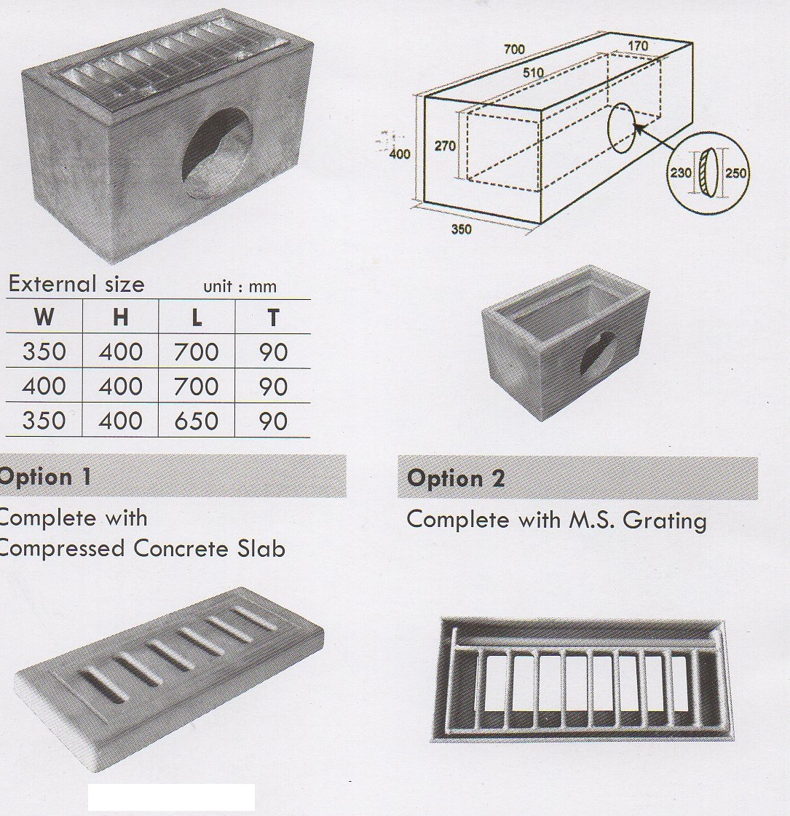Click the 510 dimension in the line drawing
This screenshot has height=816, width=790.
pyautogui.click(x=533, y=73)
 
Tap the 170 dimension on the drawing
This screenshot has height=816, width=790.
pyautogui.click(x=637, y=46)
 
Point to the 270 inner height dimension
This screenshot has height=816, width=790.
pyautogui.click(x=445, y=146)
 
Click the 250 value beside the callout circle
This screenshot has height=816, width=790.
pyautogui.click(x=736, y=174)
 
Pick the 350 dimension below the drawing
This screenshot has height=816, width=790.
pyautogui.click(x=461, y=229)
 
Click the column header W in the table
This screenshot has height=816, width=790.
pyautogui.click(x=44, y=317)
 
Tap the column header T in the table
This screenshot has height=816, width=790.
pyautogui.click(x=272, y=317)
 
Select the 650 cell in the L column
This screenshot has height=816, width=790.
pyautogui.click(x=196, y=421)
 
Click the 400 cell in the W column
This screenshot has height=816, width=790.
pyautogui.click(x=44, y=386)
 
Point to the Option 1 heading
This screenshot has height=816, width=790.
pyautogui.click(x=45, y=477)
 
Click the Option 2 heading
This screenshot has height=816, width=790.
pyautogui.click(x=456, y=478)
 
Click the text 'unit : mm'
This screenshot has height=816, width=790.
pyautogui.click(x=240, y=286)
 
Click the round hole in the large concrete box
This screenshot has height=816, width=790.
pyautogui.click(x=218, y=153)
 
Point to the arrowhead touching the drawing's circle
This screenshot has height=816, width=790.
pyautogui.click(x=638, y=130)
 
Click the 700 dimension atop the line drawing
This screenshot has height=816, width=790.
pyautogui.click(x=513, y=49)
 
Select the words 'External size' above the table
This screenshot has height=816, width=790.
pyautogui.click(x=76, y=284)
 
